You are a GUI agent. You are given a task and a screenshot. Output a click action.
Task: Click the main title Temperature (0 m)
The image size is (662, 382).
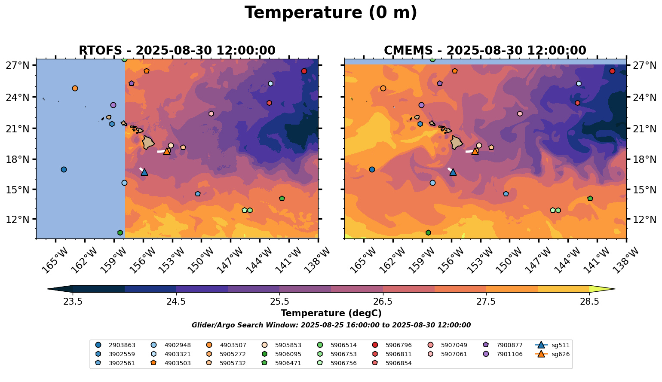click(x=331, y=13)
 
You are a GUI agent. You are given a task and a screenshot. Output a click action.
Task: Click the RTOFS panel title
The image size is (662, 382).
click(x=177, y=51)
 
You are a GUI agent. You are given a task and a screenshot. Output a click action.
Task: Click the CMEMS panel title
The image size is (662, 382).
click(x=485, y=51)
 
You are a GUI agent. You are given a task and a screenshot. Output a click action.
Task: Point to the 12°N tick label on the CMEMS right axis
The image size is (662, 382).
click(x=644, y=220)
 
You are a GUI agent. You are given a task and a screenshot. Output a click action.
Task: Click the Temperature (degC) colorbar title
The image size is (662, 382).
click(x=331, y=313)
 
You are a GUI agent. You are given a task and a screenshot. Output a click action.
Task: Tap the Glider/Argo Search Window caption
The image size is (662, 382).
click(x=331, y=325)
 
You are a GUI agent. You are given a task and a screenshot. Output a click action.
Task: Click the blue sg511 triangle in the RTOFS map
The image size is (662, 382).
click(x=144, y=172)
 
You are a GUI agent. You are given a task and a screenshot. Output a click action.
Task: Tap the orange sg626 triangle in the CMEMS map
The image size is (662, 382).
click(x=475, y=151)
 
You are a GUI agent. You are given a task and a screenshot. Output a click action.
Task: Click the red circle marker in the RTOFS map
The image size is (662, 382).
click(x=304, y=71)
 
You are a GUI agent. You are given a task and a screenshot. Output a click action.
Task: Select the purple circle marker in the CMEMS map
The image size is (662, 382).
click(x=421, y=105)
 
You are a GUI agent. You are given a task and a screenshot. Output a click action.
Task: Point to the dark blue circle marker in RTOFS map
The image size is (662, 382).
click(x=64, y=169)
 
